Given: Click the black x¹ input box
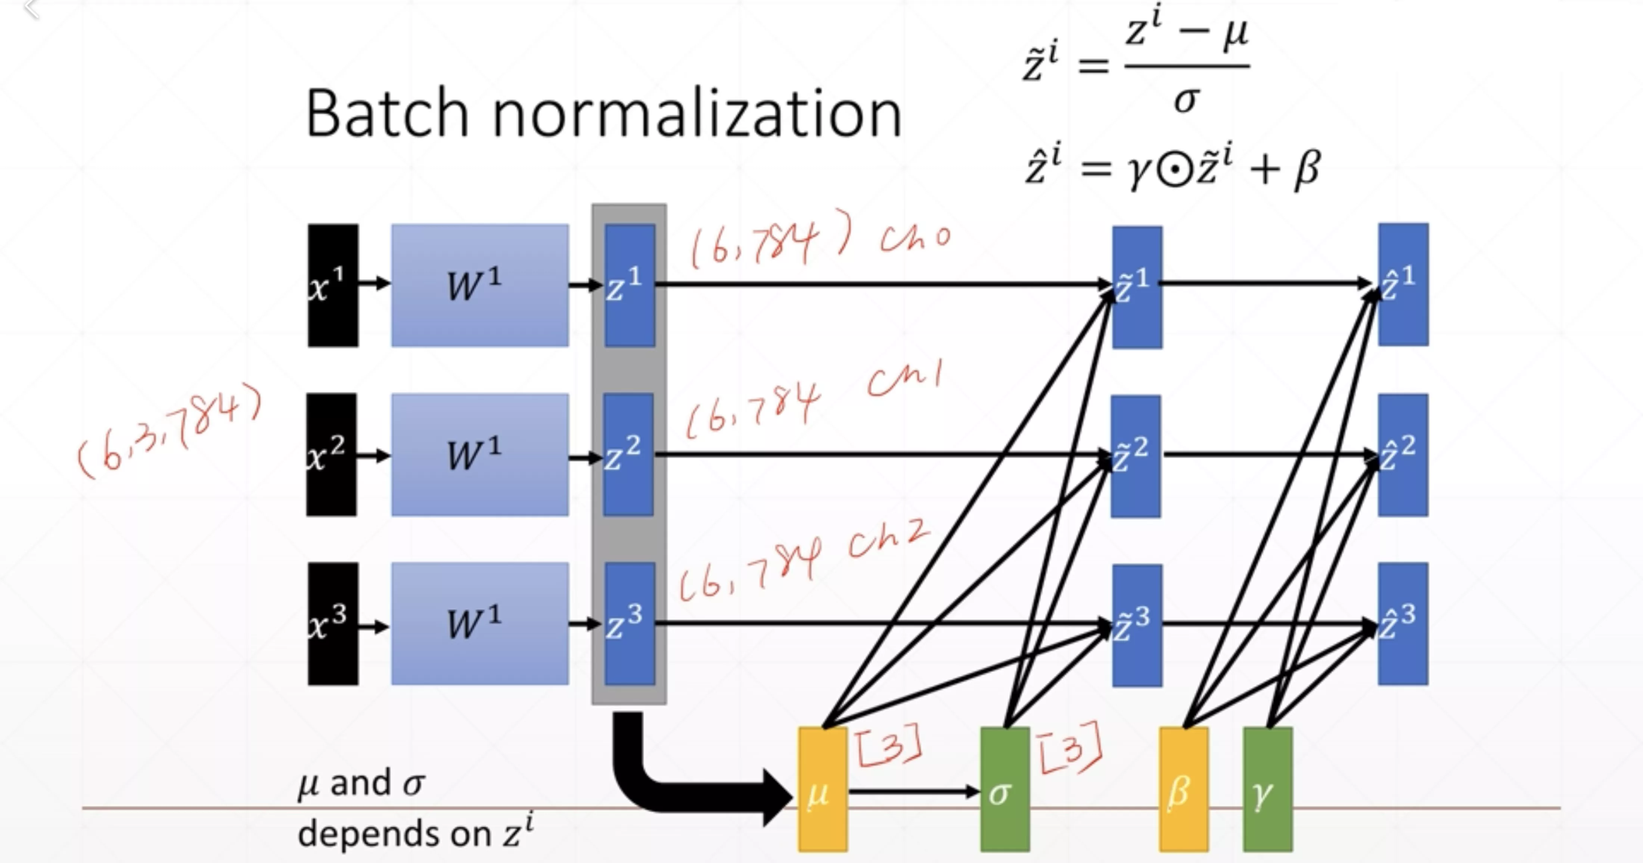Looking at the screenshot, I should [333, 285].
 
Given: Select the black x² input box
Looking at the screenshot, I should [332, 454].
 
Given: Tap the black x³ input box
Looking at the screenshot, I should [333, 623].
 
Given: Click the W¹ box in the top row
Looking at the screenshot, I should [479, 285].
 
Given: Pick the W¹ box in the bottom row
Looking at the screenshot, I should [479, 623].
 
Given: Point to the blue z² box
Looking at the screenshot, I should [628, 454].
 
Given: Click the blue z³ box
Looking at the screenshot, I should [630, 623].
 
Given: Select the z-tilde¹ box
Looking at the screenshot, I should [1137, 287].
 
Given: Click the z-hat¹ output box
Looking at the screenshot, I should [1403, 285].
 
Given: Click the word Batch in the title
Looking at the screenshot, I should [388, 115].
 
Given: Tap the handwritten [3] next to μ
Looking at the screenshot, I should [888, 744].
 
